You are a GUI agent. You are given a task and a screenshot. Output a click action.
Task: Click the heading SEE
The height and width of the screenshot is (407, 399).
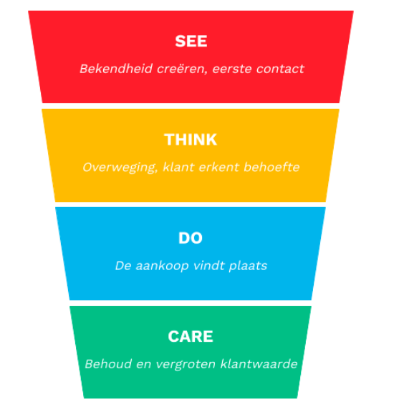191,41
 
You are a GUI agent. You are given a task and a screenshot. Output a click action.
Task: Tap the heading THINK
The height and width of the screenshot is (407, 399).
191,140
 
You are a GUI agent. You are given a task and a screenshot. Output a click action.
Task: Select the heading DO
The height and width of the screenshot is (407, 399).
191,238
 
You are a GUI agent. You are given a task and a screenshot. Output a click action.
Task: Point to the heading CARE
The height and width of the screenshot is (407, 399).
191,336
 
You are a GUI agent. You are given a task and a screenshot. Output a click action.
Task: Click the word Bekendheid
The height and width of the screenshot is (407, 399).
116,69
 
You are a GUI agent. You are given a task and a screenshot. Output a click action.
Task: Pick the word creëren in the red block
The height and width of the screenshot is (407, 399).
182,69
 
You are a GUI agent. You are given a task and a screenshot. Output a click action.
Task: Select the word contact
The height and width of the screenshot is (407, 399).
280,69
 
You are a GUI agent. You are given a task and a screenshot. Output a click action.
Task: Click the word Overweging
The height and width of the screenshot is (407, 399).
120,168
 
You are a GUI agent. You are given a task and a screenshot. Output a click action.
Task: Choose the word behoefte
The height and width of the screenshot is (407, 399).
271,167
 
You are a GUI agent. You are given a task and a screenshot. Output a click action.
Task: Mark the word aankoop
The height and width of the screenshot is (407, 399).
162,266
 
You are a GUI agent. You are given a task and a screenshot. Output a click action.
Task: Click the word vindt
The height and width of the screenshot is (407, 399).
209,266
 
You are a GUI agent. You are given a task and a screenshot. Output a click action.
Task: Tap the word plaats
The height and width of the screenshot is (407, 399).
248,266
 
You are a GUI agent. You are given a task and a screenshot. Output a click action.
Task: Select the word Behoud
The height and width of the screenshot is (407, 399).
108,364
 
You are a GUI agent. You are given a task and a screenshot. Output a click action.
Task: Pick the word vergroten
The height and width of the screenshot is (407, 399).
186,365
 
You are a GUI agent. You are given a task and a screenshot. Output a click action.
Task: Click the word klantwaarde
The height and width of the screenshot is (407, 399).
259,364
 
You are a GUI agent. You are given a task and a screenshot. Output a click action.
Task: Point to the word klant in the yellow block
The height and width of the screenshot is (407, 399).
178,167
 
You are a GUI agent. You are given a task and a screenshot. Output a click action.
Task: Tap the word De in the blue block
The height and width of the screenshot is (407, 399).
123,266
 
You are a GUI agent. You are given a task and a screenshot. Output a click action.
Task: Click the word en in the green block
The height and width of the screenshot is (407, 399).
144,365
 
